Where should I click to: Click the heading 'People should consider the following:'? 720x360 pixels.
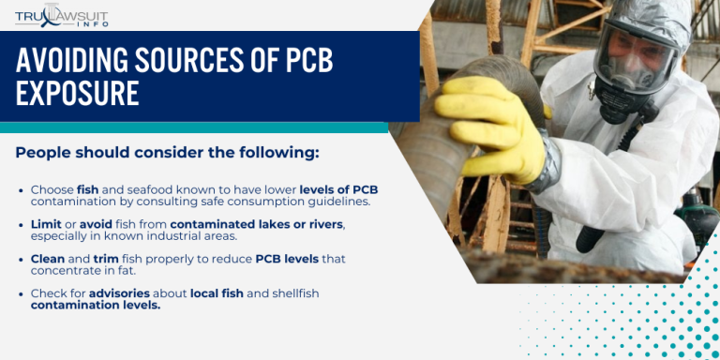(167, 152)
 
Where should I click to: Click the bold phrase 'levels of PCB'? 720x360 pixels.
(338, 189)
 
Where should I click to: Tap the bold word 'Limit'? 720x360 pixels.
(46, 223)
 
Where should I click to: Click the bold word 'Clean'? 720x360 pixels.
(48, 258)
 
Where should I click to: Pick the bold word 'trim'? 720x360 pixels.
(106, 258)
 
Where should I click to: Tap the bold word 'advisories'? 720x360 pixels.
(119, 292)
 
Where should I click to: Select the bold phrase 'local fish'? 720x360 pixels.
(217, 292)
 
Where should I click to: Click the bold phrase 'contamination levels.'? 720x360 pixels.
(96, 305)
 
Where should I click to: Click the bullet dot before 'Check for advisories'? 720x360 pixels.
(22, 293)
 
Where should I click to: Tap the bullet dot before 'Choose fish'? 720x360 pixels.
(22, 190)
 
